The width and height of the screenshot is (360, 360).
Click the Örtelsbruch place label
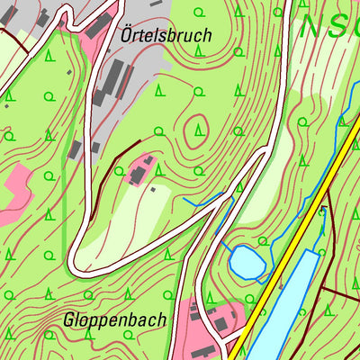(165, 36)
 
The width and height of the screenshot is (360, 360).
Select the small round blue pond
(246, 263)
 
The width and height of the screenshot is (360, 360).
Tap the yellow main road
(297, 243)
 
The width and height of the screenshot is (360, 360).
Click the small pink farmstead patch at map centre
(144, 167)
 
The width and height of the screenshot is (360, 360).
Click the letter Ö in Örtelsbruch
(126, 35)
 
